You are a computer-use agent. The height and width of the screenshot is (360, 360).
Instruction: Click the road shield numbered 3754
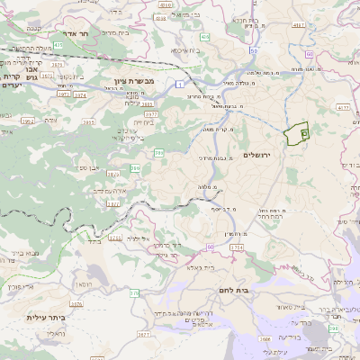pos(237,247)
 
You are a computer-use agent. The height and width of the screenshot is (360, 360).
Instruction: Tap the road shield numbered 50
pos(210,246)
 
